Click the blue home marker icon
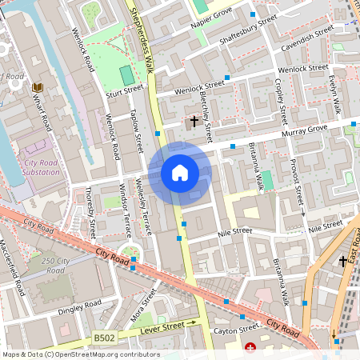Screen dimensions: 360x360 click(x=180, y=173)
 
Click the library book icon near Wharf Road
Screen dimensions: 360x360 click(x=37, y=87)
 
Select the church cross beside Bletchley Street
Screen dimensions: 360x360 click(x=193, y=122)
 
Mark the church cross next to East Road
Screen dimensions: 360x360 click(x=343, y=261)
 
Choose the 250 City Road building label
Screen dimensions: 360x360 click(x=55, y=266)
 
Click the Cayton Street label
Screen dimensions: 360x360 click(x=236, y=329)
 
